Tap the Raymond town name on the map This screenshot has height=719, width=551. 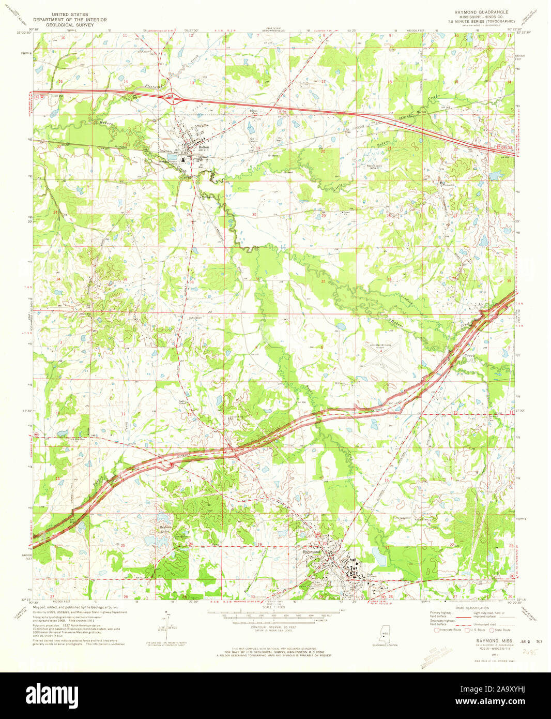click(312, 552)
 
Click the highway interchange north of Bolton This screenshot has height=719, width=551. click(174, 97)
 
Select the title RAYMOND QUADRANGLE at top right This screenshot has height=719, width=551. click(481, 12)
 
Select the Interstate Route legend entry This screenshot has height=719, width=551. click(448, 630)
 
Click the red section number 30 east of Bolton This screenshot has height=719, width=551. click(254, 214)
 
